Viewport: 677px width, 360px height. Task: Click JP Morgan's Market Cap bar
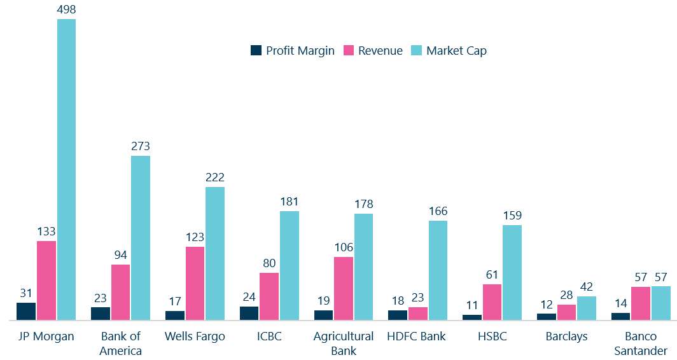[67, 169]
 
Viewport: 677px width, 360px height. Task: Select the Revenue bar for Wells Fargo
[195, 283]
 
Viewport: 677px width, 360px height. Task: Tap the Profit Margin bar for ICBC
[249, 313]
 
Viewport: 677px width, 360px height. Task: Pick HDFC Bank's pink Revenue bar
[417, 314]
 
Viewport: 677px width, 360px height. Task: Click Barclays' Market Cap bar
[587, 308]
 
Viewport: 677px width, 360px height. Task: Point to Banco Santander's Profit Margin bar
[620, 316]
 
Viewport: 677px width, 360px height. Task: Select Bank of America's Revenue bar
[120, 292]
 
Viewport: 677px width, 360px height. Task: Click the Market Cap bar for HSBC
[512, 272]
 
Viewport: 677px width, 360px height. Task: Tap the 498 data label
[67, 9]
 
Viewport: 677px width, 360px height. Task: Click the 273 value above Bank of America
[141, 146]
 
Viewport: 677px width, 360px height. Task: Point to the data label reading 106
[344, 247]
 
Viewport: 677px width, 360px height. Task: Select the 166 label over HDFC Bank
[438, 211]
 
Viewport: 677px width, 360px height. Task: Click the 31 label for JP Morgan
[26, 293]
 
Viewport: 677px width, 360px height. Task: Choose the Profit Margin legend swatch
[256, 50]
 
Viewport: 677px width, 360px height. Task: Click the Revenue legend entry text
[380, 51]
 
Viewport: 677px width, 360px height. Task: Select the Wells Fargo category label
[195, 336]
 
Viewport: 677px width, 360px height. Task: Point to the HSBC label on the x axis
[492, 336]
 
